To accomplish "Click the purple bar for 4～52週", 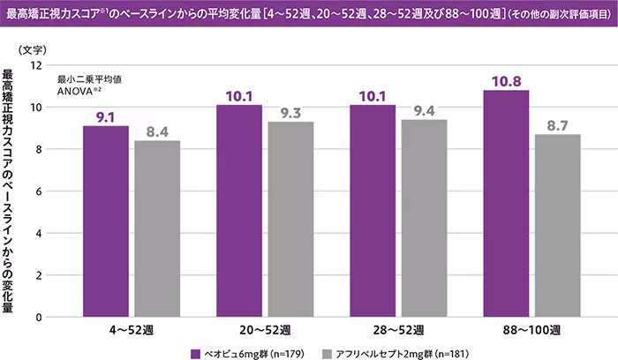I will pyautogui.click(x=106, y=221).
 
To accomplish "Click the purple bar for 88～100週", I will pyautogui.click(x=507, y=203).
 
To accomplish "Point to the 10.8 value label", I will pyautogui.click(x=507, y=81).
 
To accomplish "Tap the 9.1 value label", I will pyautogui.click(x=106, y=116).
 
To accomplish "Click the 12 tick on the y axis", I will pyautogui.click(x=36, y=65).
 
